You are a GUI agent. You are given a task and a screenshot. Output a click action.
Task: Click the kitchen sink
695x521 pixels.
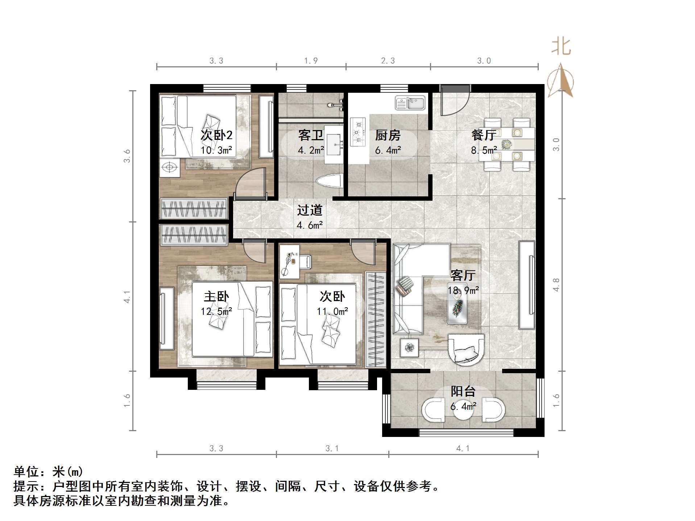tap(410, 103)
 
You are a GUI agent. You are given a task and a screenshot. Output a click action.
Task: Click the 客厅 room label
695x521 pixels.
tap(463, 275)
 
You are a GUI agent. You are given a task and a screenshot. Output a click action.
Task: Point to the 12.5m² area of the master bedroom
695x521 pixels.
tap(216, 311)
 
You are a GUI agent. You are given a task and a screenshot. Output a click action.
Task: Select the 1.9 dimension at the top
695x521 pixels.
tap(311, 61)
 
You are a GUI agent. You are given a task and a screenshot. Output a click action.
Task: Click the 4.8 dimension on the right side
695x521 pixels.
tap(556, 285)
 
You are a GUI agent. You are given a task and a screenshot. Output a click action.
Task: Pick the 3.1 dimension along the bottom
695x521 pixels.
tap(332, 449)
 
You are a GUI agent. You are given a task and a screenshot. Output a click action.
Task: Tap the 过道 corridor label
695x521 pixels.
tap(310, 210)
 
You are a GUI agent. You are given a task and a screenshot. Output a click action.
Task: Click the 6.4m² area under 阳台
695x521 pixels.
tap(463, 407)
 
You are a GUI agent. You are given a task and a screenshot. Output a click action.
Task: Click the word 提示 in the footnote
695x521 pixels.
tap(26, 486)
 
